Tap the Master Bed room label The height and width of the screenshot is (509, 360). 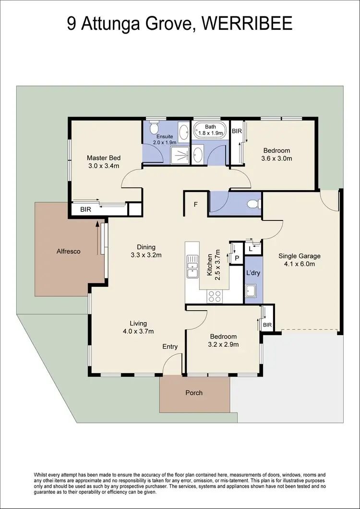point(103,162)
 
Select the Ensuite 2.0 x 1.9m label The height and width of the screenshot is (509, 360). point(165,139)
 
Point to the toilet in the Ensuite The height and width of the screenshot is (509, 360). point(154,128)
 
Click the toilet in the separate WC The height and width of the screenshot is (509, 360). point(253,204)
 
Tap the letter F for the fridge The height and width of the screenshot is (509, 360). point(195,204)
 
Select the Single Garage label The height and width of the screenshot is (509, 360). point(300,260)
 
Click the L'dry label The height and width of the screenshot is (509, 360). point(253,273)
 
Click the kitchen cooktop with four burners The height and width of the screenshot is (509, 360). point(215,296)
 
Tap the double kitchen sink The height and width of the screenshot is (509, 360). point(193,269)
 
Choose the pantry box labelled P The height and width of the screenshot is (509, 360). point(237,257)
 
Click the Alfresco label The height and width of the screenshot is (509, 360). point(68,251)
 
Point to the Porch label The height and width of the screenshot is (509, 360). point(194,393)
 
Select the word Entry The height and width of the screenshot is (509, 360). point(170,347)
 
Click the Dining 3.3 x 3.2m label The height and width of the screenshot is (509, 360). point(145,251)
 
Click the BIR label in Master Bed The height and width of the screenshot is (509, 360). point(86,209)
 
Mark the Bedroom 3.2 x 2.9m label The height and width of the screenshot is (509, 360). point(223,340)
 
